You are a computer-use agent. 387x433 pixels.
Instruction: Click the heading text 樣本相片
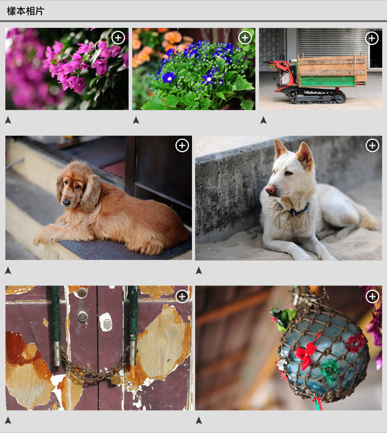click(25, 11)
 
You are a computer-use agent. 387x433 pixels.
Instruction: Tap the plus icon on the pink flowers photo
click(118, 37)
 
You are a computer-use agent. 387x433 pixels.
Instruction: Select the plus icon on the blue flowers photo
click(245, 37)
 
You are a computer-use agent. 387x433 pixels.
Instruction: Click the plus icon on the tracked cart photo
click(372, 38)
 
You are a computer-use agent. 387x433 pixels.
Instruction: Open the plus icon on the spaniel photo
click(182, 145)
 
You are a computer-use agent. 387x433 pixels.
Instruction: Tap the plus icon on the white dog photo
click(372, 145)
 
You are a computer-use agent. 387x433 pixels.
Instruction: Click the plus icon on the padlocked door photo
click(182, 296)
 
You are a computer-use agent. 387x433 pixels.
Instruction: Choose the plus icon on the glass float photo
click(372, 296)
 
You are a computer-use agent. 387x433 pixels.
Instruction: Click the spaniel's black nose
click(66, 203)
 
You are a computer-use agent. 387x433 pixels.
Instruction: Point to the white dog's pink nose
click(270, 190)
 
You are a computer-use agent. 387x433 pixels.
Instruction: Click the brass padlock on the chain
click(116, 379)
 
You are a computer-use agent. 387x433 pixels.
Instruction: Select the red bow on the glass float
click(306, 351)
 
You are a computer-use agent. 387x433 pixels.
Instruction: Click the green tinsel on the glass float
click(329, 370)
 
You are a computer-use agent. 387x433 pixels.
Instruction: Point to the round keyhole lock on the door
click(82, 316)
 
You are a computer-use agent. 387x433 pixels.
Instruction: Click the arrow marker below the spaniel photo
click(8, 271)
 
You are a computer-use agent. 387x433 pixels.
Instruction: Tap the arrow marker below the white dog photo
click(199, 271)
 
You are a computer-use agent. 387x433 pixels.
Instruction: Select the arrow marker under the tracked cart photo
click(263, 120)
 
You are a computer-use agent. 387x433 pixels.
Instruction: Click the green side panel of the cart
click(326, 81)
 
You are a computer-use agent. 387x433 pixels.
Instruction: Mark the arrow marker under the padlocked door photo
click(8, 421)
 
